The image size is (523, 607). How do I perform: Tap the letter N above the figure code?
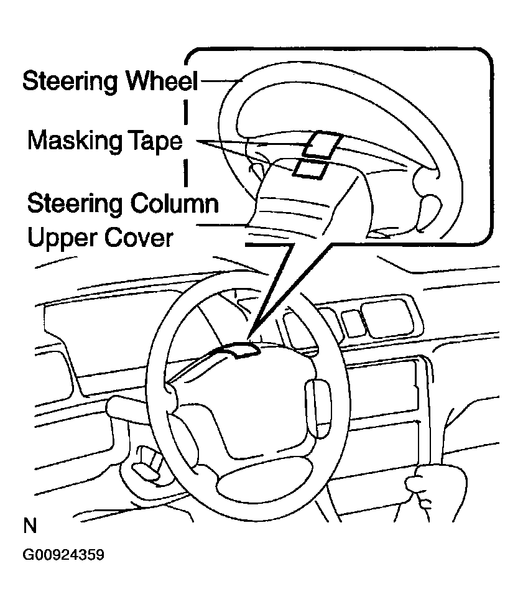click(30, 527)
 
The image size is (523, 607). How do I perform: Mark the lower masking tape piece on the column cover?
click(310, 168)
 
